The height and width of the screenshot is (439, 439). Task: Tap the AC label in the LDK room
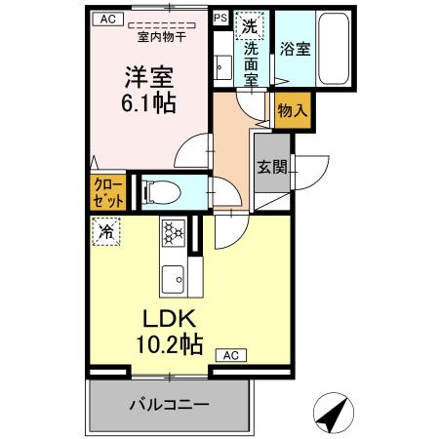click(x=230, y=355)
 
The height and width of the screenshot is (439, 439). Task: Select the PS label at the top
click(x=220, y=18)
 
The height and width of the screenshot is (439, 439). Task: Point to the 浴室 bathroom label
click(x=296, y=48)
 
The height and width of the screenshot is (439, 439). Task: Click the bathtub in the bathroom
click(x=333, y=50)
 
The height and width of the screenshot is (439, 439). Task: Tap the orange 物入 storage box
click(x=292, y=111)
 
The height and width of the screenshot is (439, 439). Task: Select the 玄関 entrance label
click(x=272, y=167)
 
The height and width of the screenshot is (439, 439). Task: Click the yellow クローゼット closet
click(x=108, y=191)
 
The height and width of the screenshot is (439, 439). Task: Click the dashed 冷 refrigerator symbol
click(x=106, y=231)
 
